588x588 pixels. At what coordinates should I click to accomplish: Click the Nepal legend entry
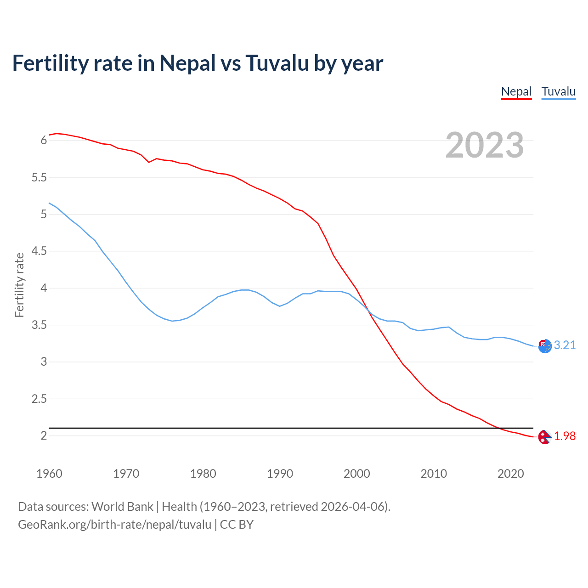(516, 91)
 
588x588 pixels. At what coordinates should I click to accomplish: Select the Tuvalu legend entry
(558, 91)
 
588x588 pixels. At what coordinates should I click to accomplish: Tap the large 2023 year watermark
(484, 145)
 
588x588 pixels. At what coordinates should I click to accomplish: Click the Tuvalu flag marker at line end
(545, 346)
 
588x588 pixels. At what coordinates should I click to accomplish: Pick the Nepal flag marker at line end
(544, 437)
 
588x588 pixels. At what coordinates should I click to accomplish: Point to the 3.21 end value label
(565, 345)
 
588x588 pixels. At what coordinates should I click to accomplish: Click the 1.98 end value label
(565, 436)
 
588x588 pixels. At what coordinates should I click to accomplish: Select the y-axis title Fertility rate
(19, 285)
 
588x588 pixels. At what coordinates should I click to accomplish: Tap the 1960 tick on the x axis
(49, 474)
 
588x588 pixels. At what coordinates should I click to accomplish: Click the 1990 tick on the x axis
(280, 474)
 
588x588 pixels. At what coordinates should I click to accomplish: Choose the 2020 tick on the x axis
(510, 474)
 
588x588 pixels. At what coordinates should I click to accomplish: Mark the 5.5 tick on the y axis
(39, 177)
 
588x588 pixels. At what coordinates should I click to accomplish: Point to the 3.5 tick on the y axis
(39, 325)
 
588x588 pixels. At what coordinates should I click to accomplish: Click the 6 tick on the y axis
(44, 140)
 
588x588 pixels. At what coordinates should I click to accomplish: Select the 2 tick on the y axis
(44, 435)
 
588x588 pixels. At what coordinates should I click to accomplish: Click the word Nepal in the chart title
(187, 63)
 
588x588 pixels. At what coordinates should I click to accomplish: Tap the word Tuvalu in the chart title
(277, 63)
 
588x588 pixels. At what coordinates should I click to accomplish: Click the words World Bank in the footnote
(122, 506)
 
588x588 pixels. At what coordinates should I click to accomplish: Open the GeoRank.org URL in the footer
(114, 524)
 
